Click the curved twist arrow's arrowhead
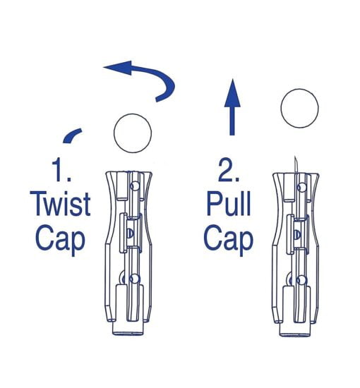coord(118,68)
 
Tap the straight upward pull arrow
coord(232,107)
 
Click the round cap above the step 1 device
coord(133,133)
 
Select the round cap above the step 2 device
coord(299,109)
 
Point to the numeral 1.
coord(59,170)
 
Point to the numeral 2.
coord(228,170)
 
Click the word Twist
coord(60,204)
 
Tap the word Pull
coord(229,204)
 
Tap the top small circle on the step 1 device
coord(135,186)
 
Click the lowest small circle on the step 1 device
coord(134,279)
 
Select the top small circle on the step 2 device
coord(301,188)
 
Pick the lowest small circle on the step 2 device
coord(301,281)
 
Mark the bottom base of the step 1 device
coord(128,328)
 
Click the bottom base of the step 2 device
coord(294,329)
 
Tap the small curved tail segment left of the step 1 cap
coord(72,135)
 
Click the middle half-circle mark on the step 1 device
coord(129,234)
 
